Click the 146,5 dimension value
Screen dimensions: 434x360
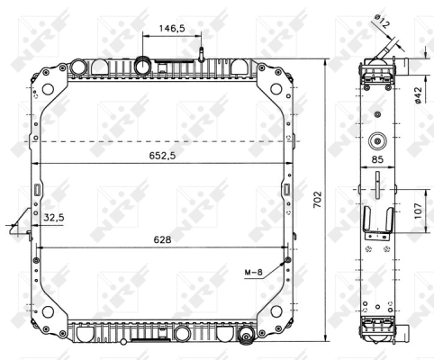coord(172,29)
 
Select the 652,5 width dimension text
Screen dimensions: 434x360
coord(162,156)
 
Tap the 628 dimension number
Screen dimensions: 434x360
coord(162,239)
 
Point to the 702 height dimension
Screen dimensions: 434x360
coord(317,200)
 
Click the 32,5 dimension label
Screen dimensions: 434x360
coord(54,218)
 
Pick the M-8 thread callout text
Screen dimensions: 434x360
coord(254,272)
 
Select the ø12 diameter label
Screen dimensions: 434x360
coord(382,21)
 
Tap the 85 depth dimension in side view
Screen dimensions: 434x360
coord(377,159)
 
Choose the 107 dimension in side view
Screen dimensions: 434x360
coord(419,211)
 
